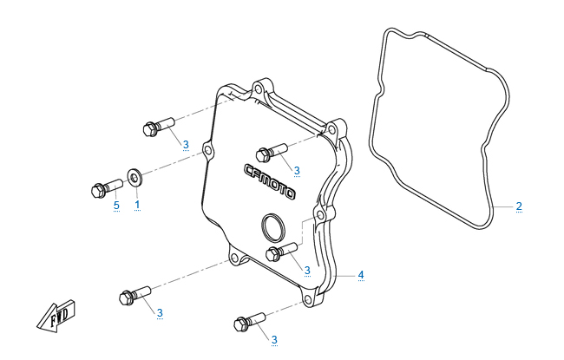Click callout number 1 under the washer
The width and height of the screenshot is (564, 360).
click(136, 205)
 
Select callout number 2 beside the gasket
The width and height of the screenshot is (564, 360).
click(519, 206)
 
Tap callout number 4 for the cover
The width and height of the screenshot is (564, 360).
click(361, 275)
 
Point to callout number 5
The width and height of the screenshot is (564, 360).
click(115, 205)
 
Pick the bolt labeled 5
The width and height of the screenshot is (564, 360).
click(102, 187)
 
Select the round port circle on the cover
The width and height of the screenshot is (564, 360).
click(272, 229)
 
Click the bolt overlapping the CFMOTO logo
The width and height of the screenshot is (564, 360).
click(272, 152)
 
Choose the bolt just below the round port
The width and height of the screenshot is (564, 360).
click(280, 252)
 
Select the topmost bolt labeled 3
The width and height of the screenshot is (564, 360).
click(157, 128)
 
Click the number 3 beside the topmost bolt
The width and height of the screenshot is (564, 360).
click(186, 145)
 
